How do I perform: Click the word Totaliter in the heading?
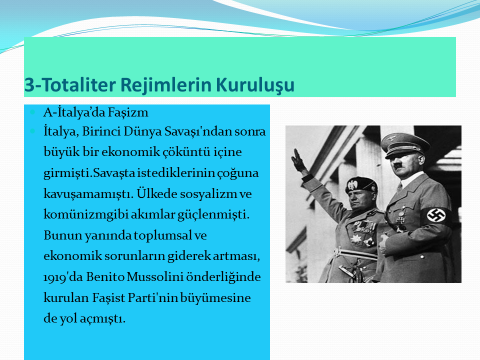point(78,85)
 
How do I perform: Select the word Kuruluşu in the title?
point(255,85)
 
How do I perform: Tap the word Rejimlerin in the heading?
point(166,85)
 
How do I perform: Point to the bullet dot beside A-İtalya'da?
point(33,112)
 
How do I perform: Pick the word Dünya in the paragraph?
point(142,131)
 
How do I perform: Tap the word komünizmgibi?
point(86,214)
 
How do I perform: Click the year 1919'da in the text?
point(63,276)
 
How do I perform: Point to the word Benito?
point(104,276)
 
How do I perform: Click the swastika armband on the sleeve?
point(436,216)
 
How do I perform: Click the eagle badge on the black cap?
point(353,184)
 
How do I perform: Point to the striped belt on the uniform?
point(355,254)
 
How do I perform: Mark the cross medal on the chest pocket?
point(400,219)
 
